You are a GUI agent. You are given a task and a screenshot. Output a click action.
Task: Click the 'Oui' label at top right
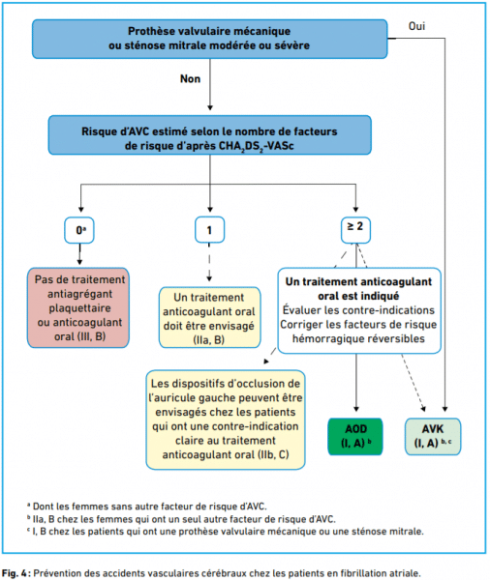416,26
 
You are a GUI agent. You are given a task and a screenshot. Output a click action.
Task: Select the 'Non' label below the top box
190,79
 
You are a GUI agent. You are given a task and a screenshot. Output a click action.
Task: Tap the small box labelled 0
79,230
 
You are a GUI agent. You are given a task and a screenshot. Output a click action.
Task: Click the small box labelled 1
210,230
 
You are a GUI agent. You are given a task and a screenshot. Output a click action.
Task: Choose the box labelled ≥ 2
355,230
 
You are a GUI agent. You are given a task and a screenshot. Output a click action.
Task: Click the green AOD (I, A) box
355,437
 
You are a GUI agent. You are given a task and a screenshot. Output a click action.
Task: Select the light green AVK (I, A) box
433,437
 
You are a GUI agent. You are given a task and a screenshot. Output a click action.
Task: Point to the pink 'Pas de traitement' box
78,307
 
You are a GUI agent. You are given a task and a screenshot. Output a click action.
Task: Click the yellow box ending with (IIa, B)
210,318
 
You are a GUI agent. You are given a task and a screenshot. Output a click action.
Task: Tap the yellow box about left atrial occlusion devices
226,420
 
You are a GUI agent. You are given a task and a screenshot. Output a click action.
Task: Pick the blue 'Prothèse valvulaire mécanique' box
210,39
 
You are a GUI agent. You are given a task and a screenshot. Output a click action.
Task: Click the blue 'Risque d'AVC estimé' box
210,135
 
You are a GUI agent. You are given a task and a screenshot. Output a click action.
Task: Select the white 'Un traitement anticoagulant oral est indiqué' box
359,310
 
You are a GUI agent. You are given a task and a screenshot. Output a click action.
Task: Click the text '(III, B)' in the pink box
90,336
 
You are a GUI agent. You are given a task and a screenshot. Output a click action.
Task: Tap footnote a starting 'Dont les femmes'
147,506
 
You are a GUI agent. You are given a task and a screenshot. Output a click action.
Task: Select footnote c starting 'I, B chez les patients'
225,532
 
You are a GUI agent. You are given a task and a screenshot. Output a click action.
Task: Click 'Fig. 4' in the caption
14,573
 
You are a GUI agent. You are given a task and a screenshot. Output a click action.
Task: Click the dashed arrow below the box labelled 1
209,262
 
